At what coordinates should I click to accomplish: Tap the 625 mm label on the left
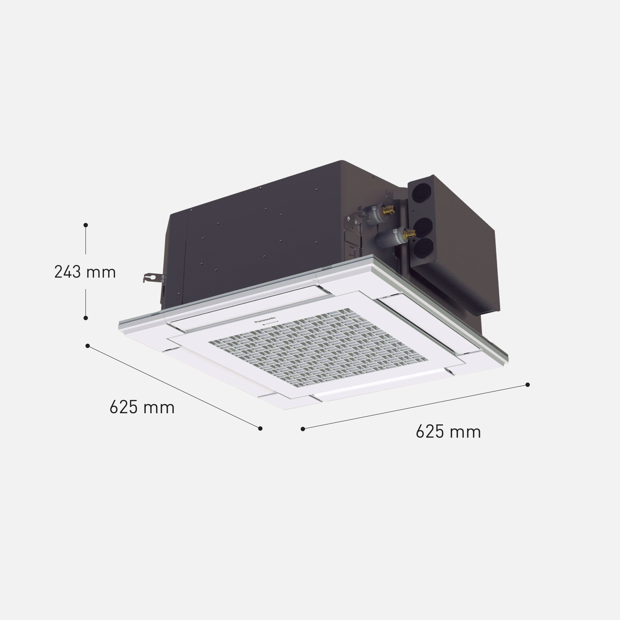[142, 408]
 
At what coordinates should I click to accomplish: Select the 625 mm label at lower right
[448, 432]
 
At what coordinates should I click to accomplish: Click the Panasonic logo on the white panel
[265, 322]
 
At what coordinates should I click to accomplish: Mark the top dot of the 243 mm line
[86, 225]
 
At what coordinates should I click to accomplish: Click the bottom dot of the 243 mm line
[86, 318]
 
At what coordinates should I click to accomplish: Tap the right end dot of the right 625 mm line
[528, 384]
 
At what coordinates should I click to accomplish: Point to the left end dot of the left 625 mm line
[88, 346]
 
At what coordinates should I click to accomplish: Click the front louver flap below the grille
[379, 385]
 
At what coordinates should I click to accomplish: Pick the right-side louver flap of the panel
[427, 324]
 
